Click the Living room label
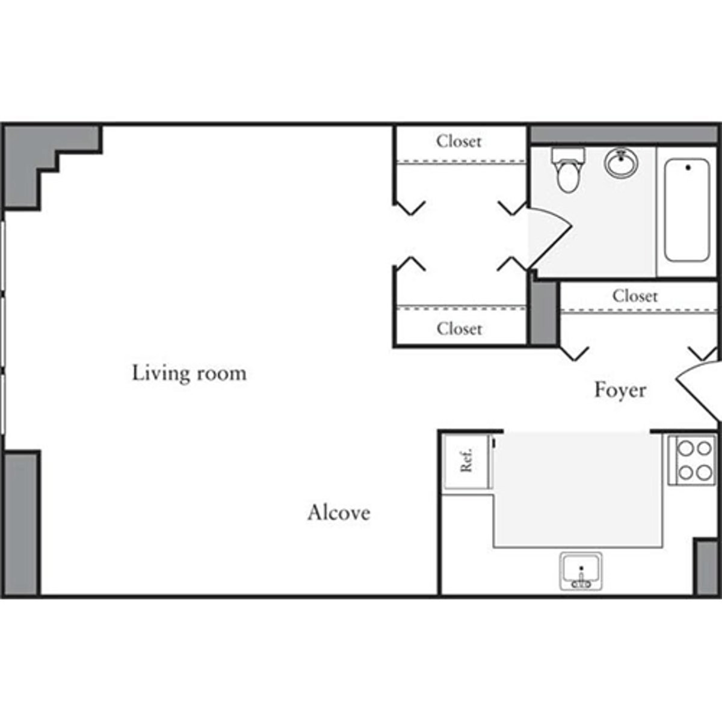[x=189, y=373]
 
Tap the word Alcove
[x=339, y=513]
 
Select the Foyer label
[x=620, y=390]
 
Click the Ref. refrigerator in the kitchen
[x=466, y=461]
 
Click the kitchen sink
[x=581, y=570]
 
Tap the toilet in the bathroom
[x=568, y=169]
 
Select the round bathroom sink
[x=622, y=162]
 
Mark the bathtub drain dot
[x=688, y=167]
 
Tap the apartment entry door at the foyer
[x=698, y=391]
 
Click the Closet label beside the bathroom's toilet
[x=459, y=141]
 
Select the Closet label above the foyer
[x=635, y=296]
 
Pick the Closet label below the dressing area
[x=459, y=329]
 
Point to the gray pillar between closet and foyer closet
[x=543, y=313]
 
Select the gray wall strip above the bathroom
[x=623, y=135]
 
